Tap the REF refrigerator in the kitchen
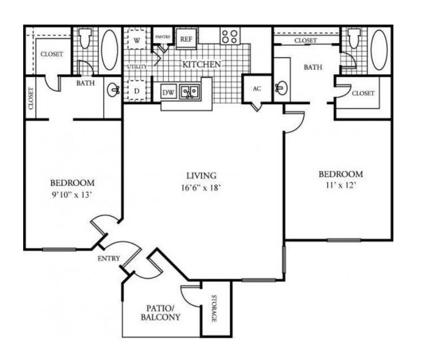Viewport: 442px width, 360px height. [x=185, y=39]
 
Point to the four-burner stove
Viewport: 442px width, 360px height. [x=229, y=37]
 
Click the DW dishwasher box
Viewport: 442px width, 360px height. [x=168, y=91]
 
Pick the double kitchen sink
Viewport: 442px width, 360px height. [x=189, y=91]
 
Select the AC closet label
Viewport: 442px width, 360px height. [x=256, y=89]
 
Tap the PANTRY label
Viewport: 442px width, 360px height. [x=163, y=37]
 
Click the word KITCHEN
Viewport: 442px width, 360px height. [x=201, y=65]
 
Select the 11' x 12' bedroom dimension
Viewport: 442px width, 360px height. [x=340, y=185]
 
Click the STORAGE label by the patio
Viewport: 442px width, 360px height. [x=215, y=308]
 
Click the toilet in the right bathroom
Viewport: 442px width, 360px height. [x=354, y=38]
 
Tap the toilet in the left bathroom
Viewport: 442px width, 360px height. [x=85, y=38]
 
